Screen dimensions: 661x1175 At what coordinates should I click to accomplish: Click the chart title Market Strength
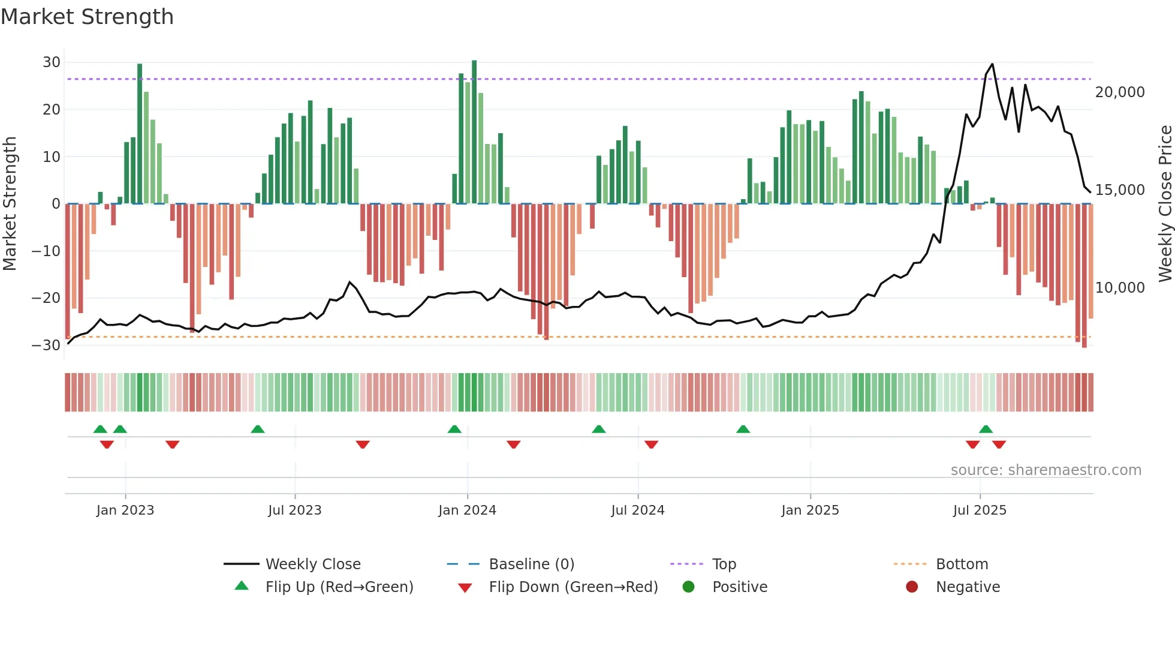tap(87, 17)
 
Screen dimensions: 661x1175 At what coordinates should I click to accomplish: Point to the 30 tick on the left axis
tap(52, 62)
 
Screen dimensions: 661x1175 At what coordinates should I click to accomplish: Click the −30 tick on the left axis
tap(46, 345)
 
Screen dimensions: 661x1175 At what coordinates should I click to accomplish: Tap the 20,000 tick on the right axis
tap(1119, 92)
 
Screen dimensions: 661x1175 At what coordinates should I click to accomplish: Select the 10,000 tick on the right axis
tap(1119, 288)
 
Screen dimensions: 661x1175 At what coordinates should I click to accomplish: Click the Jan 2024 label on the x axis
tap(467, 510)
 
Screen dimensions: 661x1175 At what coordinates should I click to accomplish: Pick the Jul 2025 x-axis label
tap(980, 510)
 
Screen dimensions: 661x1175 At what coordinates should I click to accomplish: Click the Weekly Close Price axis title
tap(1165, 204)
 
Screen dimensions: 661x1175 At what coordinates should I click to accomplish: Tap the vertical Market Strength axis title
tap(10, 204)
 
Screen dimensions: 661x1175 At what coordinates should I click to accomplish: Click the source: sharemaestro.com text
tap(1046, 470)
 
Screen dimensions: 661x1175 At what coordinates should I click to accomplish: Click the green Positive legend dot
tap(688, 587)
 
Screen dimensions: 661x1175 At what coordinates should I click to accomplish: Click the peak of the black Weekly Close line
tap(992, 64)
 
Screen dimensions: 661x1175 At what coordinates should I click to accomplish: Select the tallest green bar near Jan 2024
tap(474, 132)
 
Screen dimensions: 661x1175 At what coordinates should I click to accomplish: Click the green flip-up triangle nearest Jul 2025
tap(986, 429)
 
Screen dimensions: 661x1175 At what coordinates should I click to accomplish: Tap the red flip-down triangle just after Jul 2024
tap(651, 444)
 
